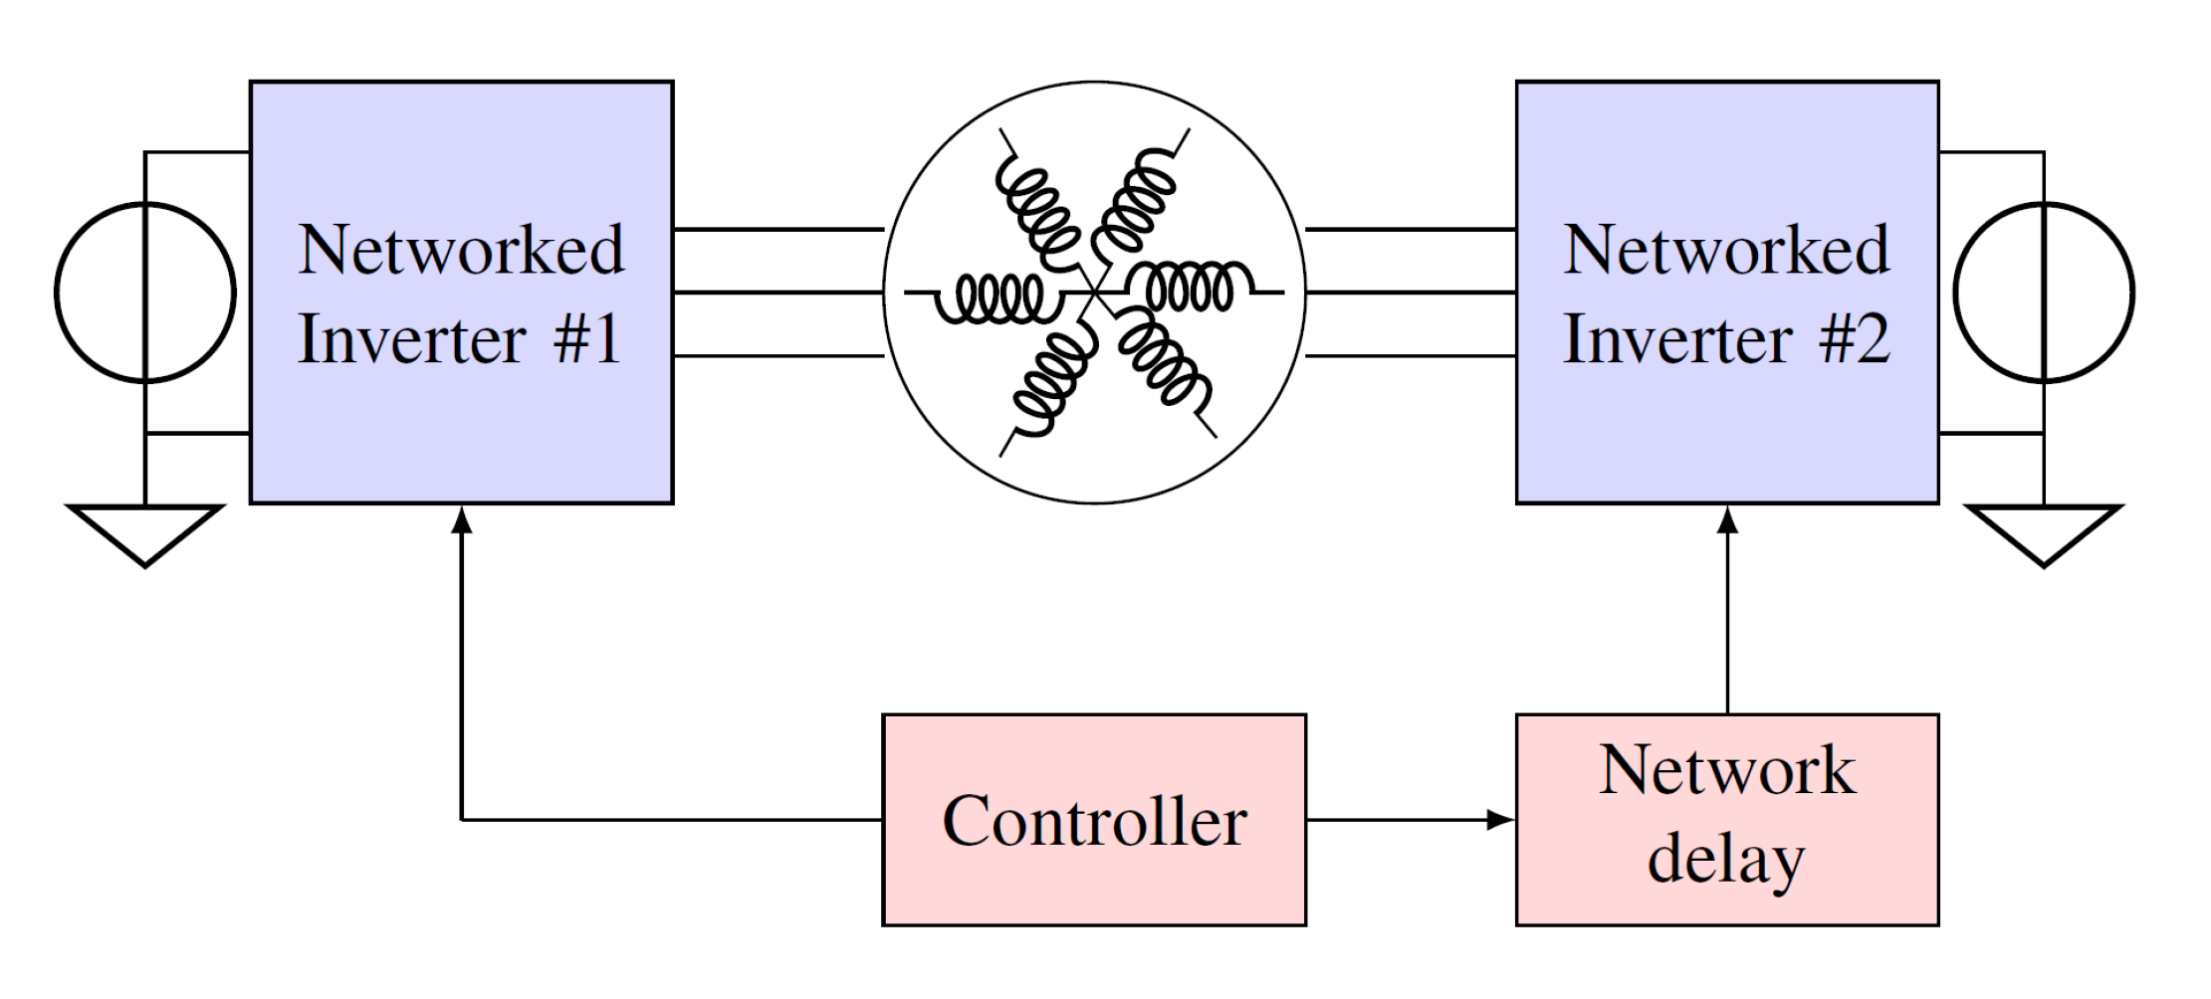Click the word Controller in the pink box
click(1094, 822)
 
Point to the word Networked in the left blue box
click(461, 250)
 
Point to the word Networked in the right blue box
click(1726, 250)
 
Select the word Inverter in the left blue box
click(411, 339)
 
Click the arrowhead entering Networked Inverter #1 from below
click(461, 519)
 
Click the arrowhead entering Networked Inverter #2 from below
click(1728, 519)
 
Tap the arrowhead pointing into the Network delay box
click(1500, 820)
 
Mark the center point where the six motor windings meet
click(1094, 292)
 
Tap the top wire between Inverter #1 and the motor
click(777, 230)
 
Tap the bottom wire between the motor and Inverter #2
click(1411, 355)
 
